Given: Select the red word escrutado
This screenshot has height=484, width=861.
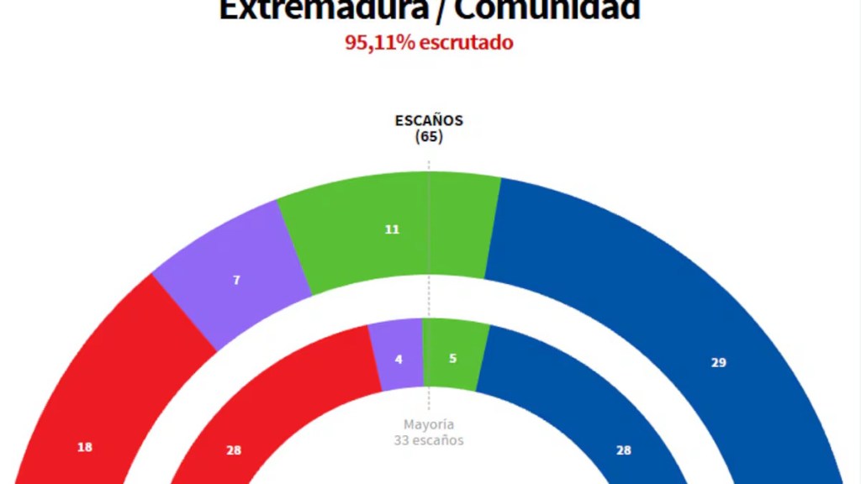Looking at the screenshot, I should click(x=466, y=42).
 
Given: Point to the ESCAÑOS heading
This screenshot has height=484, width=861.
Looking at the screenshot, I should click(x=429, y=120).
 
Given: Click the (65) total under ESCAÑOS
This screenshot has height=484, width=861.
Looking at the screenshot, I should click(x=429, y=136).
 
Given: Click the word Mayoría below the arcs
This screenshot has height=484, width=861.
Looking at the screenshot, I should click(x=429, y=424).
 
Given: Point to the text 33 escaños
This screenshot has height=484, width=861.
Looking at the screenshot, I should click(x=429, y=439).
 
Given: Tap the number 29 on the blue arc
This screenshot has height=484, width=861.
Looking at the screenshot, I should click(x=718, y=363).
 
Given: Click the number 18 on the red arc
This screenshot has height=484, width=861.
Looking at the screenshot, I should click(x=85, y=447).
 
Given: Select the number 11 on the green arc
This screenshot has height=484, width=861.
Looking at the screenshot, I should click(x=392, y=229).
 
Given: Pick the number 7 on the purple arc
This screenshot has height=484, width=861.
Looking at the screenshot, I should click(x=236, y=280).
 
